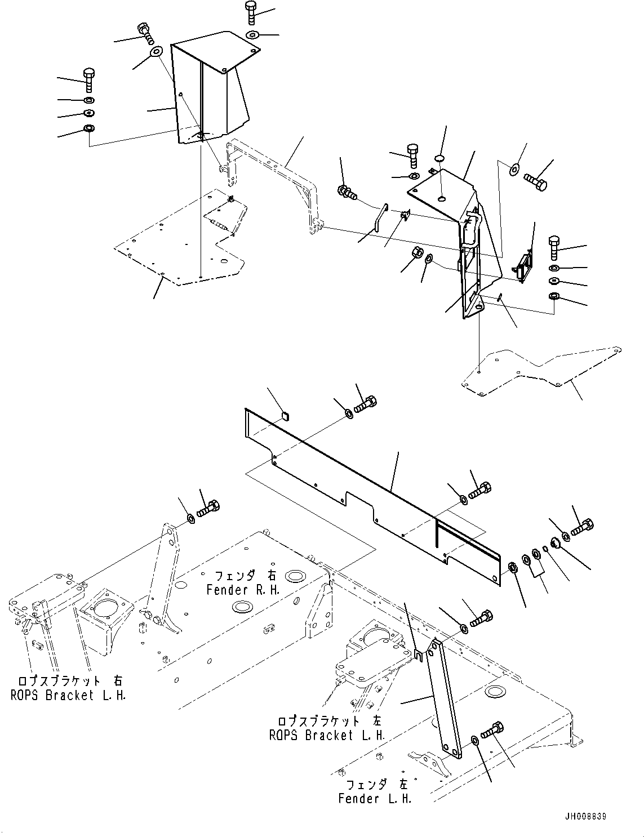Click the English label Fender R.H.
click(243, 590)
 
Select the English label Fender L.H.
click(375, 799)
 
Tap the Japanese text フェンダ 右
click(245, 576)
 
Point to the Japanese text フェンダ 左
click(377, 785)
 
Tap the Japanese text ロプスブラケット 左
click(329, 721)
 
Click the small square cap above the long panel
click(286, 415)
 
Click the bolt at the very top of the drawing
click(251, 12)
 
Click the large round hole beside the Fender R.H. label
click(295, 576)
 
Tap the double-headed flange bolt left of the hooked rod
click(347, 192)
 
